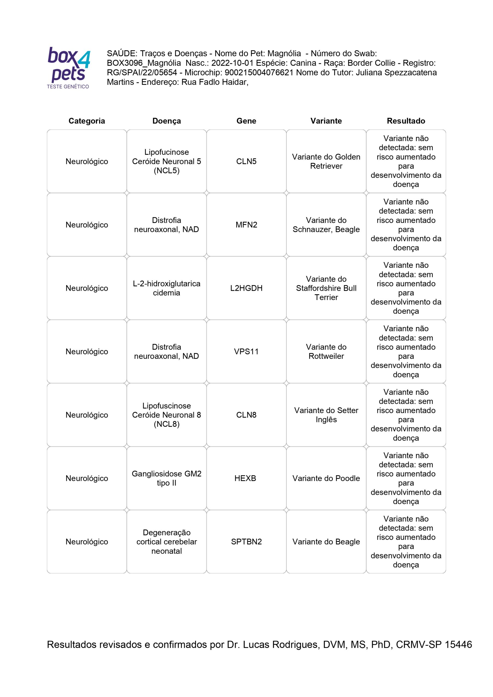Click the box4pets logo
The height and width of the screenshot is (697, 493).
(x=69, y=68)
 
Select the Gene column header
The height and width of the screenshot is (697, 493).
(x=246, y=121)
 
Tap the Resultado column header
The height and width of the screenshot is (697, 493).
(x=406, y=121)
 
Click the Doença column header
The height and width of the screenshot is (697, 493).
(x=166, y=121)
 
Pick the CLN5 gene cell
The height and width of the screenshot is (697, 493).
(x=246, y=161)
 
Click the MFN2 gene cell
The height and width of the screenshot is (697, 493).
(x=246, y=225)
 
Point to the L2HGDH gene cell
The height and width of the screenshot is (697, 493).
(x=246, y=288)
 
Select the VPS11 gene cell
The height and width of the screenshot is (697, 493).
(x=246, y=351)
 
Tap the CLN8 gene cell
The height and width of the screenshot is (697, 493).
(x=246, y=415)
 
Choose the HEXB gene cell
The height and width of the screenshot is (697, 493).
(x=245, y=478)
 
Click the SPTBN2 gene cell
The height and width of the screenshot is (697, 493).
(x=246, y=542)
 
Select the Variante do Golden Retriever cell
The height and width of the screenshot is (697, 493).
(x=326, y=161)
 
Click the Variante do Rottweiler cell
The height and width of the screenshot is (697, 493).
(x=326, y=351)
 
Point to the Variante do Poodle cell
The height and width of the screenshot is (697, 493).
(x=326, y=478)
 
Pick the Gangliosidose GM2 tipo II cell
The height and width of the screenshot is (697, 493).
(x=166, y=478)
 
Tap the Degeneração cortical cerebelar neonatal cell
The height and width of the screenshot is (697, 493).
(x=166, y=542)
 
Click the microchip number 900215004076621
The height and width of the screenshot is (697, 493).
(x=259, y=72)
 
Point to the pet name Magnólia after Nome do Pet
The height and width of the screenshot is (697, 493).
(x=284, y=53)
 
